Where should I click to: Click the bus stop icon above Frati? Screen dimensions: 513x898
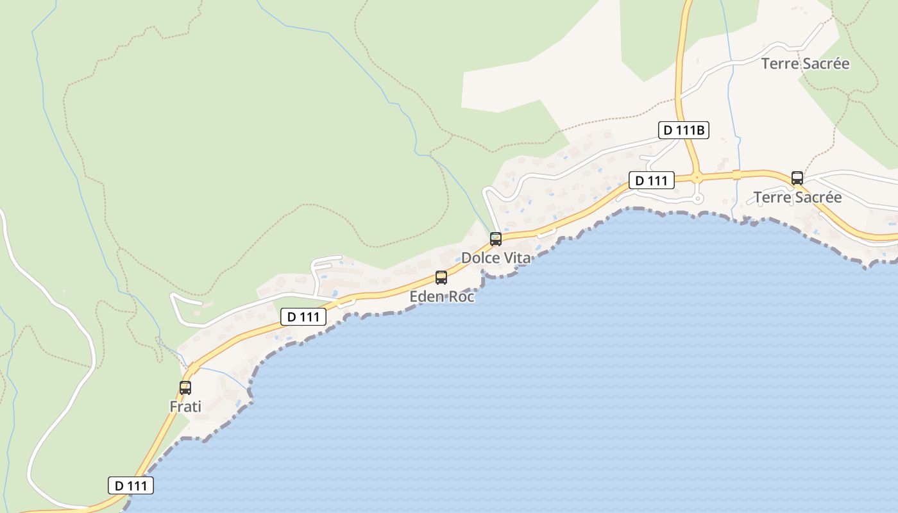[x=185, y=387]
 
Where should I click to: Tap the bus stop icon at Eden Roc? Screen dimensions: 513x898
[x=441, y=278]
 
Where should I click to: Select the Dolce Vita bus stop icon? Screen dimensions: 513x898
[x=496, y=239]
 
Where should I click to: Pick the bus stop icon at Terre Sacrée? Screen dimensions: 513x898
[x=797, y=178]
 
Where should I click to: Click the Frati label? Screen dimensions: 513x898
[x=185, y=407]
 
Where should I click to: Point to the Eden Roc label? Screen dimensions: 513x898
[x=442, y=297]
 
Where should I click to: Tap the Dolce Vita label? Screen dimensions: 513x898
[x=496, y=258]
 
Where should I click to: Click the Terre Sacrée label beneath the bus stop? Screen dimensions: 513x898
[x=797, y=198]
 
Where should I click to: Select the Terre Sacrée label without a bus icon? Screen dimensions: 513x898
[x=805, y=63]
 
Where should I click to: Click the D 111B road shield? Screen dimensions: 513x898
[x=684, y=130]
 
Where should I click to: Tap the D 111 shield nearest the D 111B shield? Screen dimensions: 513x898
[x=651, y=181]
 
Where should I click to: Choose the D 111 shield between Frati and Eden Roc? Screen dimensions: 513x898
[x=303, y=316]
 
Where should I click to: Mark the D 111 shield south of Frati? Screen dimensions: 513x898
[x=131, y=485]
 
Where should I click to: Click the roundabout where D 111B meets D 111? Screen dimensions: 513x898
[x=697, y=178]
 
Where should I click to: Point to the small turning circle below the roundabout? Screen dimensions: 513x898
[x=698, y=199]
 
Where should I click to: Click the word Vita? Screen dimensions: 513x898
[x=517, y=258]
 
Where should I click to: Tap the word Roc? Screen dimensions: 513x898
[x=461, y=297]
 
